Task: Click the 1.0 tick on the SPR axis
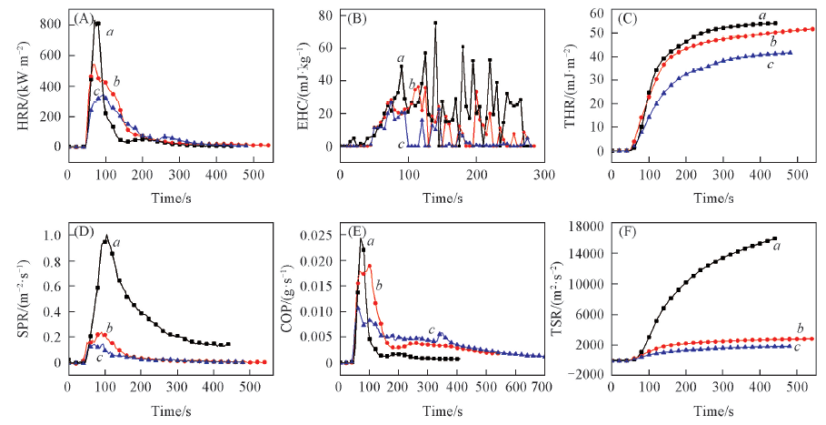pos(53,236)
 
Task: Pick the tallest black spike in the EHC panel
pos(435,23)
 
